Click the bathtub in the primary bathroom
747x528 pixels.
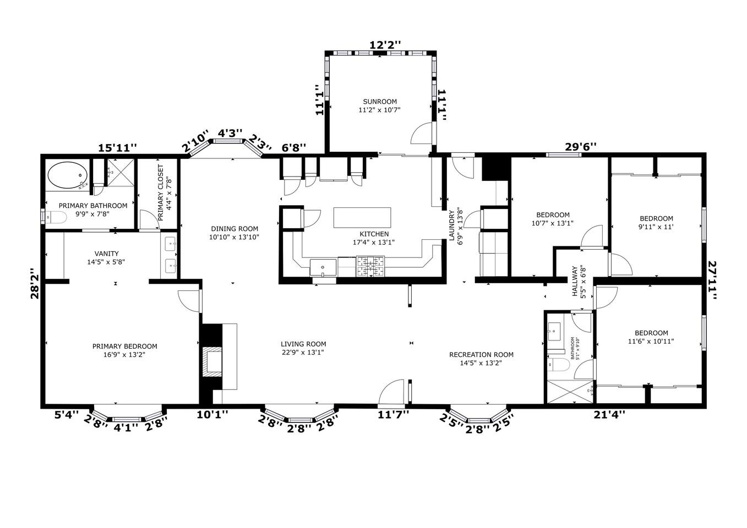tap(68, 175)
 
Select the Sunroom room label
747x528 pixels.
tap(380, 102)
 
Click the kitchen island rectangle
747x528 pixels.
tap(362, 218)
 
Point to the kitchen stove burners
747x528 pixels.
tap(370, 266)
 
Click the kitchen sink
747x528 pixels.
tap(323, 267)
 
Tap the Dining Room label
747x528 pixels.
tap(235, 229)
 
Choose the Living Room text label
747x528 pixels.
tap(303, 344)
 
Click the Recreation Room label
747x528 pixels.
tap(481, 355)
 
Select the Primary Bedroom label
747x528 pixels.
tap(125, 346)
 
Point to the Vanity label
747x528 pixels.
tap(106, 254)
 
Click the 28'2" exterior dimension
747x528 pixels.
tap(35, 284)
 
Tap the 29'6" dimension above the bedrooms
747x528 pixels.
tap(581, 146)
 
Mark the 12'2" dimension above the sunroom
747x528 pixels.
tap(385, 45)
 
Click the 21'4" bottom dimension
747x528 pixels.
tap(609, 415)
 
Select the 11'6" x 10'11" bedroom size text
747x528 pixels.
tap(651, 341)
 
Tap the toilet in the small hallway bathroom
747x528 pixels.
tap(557, 365)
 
